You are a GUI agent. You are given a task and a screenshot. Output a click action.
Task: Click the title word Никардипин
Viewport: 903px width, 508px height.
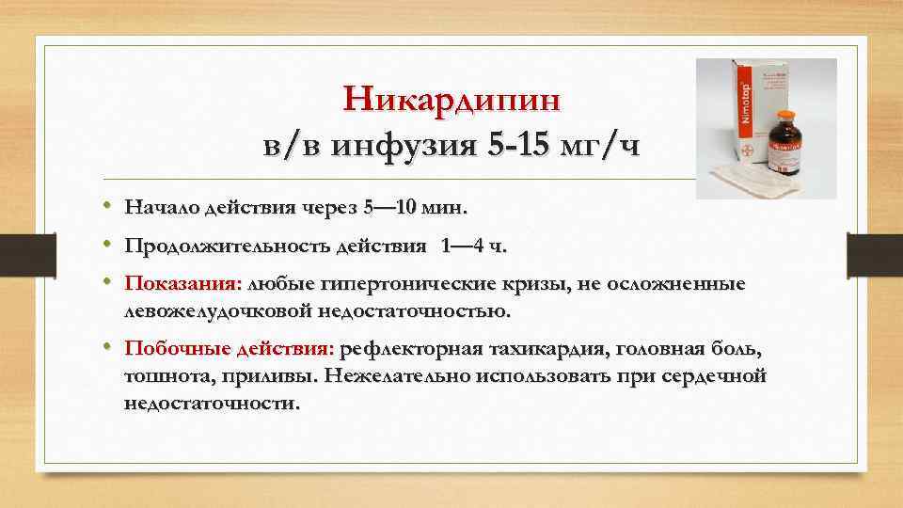pos(451,98)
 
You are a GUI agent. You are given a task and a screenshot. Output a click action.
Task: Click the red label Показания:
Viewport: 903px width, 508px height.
pos(183,285)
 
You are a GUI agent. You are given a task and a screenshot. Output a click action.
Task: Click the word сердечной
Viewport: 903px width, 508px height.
pos(721,376)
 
